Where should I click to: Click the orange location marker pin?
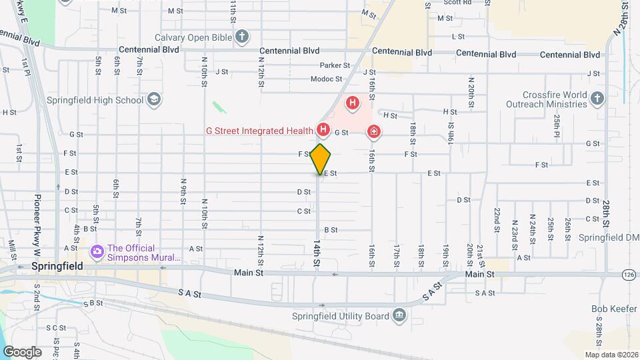click(x=321, y=159)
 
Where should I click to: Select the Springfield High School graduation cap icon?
click(x=154, y=100)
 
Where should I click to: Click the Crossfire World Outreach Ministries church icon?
click(x=597, y=99)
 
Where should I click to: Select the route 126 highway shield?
click(x=629, y=274)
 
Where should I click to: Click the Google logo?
click(x=21, y=351)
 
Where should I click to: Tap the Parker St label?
click(x=335, y=65)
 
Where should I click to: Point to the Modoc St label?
click(x=326, y=79)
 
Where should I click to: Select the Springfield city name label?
click(x=57, y=266)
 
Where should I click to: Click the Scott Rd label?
click(x=457, y=3)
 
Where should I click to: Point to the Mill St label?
click(x=12, y=249)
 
